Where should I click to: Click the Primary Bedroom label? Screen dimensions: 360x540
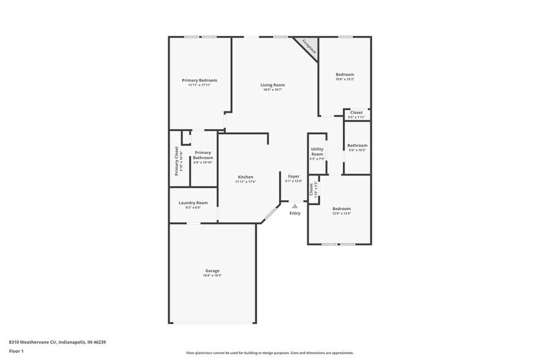click(199, 80)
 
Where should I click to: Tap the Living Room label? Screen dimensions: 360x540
click(272, 85)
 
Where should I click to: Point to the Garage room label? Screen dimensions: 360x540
click(212, 271)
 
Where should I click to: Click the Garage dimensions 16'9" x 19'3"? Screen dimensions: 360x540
click(212, 276)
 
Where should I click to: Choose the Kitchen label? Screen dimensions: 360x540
click(246, 177)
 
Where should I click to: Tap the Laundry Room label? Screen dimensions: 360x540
click(193, 203)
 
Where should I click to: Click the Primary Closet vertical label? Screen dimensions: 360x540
click(177, 161)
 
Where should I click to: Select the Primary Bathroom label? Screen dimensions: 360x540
click(203, 155)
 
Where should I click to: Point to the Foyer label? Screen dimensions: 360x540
click(294, 176)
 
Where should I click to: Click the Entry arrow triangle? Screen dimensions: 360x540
click(294, 206)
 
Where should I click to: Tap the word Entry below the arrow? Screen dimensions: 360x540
click(295, 213)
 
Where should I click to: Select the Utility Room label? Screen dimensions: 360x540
click(317, 151)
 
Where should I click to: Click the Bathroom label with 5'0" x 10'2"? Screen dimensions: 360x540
click(357, 145)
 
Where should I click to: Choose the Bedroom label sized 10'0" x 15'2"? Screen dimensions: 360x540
click(345, 75)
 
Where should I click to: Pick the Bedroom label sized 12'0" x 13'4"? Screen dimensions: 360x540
click(341, 209)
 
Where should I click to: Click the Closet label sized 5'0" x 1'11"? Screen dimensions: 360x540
click(356, 113)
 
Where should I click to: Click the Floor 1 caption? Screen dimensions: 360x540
click(16, 351)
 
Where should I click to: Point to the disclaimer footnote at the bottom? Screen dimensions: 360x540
click(269, 353)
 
